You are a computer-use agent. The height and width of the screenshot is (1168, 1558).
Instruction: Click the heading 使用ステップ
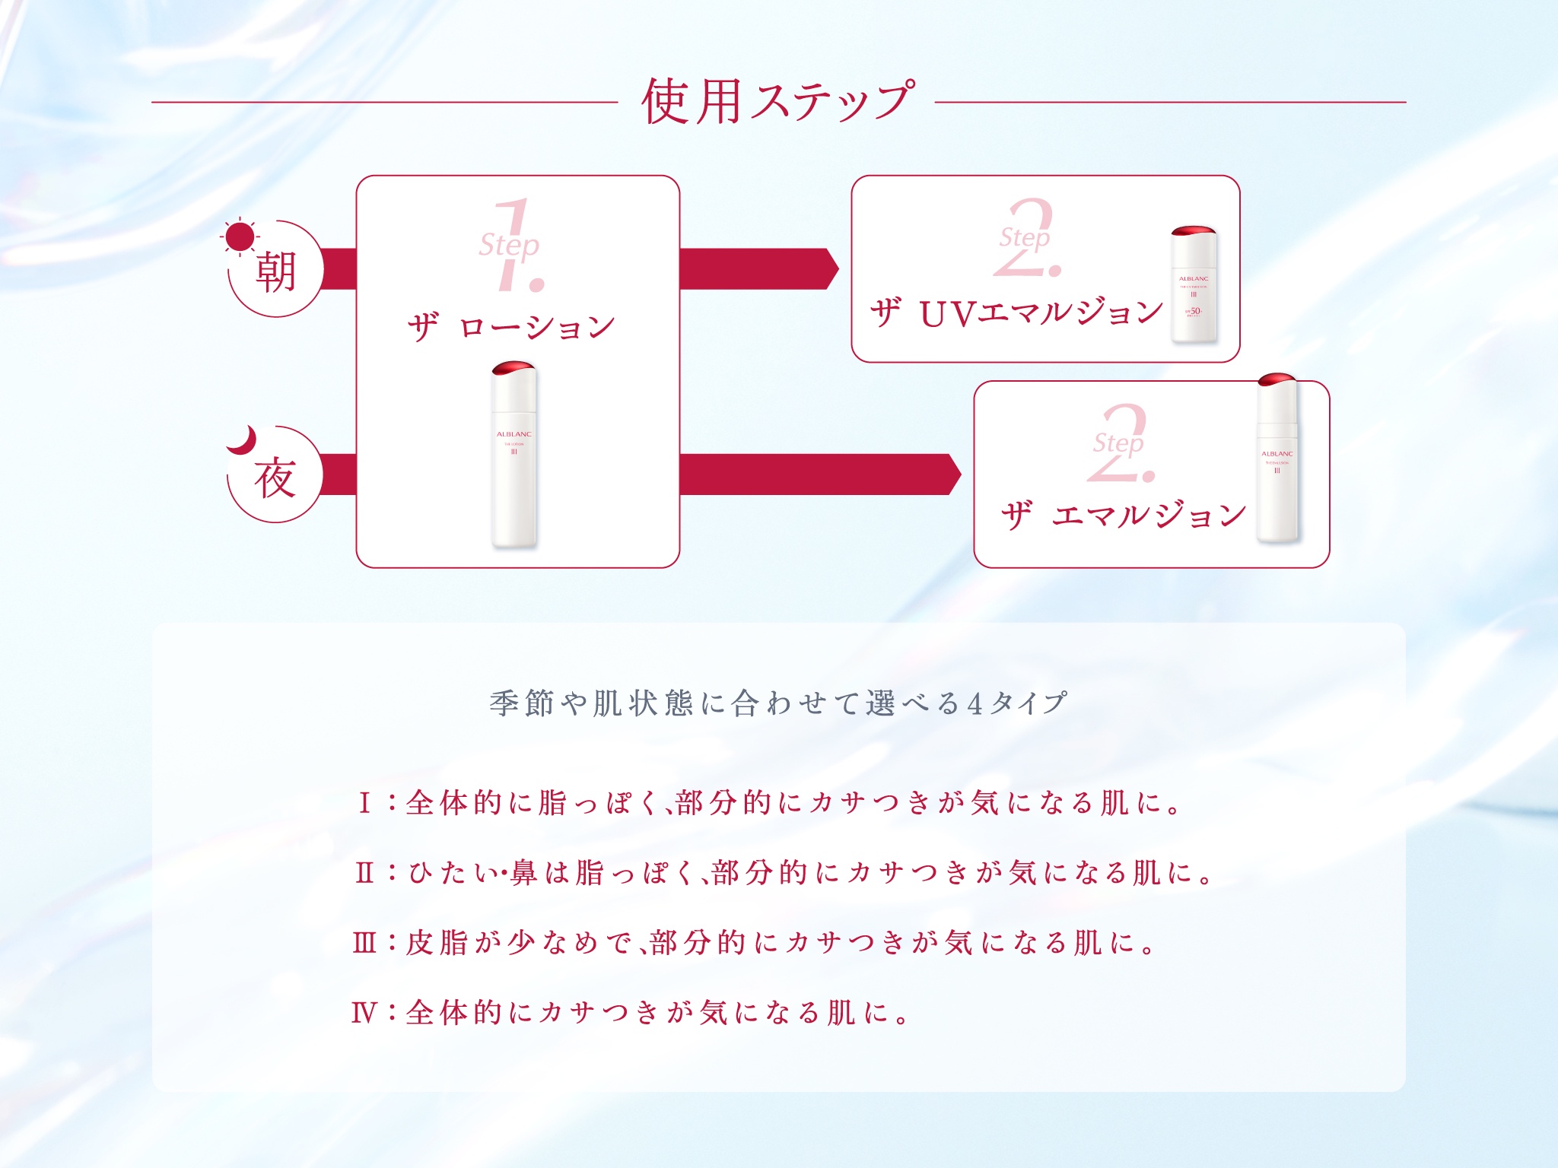(777, 101)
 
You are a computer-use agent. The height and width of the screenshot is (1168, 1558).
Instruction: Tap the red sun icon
(240, 236)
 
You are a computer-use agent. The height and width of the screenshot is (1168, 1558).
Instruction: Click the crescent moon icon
(243, 440)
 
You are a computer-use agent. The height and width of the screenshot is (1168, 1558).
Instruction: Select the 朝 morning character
(275, 272)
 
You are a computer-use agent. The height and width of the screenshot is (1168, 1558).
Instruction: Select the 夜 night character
(275, 478)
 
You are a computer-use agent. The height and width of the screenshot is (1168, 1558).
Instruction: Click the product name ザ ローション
(511, 327)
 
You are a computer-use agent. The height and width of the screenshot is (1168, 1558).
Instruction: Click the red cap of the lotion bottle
(514, 369)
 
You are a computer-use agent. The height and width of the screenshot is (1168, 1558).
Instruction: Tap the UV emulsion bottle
(1194, 285)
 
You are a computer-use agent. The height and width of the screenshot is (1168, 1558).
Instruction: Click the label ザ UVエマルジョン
(1016, 313)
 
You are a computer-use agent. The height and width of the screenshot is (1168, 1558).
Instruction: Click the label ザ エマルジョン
(1123, 516)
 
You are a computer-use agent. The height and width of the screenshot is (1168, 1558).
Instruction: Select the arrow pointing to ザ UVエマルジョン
(758, 268)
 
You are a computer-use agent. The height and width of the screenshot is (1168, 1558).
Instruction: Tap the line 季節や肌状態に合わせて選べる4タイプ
(777, 703)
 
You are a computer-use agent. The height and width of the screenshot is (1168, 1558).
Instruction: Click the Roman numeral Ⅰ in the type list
(364, 803)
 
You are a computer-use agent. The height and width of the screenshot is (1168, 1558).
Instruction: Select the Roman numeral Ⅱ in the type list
(364, 872)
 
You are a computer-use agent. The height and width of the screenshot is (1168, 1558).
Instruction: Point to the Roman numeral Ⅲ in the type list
(364, 943)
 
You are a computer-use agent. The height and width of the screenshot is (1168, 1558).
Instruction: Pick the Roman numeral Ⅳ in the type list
(364, 1013)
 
